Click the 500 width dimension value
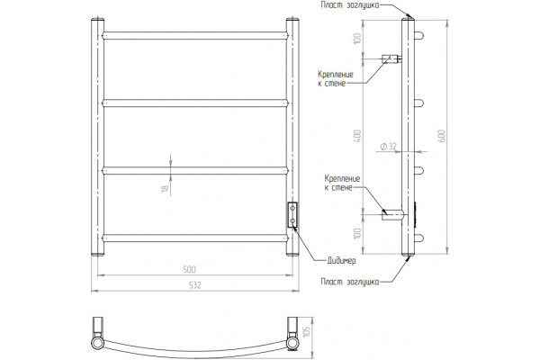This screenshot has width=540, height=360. click(x=189, y=269)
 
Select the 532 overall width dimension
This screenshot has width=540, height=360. click(x=194, y=285)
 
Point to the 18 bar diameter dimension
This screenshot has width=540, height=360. click(x=166, y=189)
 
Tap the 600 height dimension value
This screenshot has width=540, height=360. click(x=443, y=135)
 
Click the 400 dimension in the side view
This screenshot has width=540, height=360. click(x=358, y=136)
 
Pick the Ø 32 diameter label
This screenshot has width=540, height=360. click(x=389, y=147)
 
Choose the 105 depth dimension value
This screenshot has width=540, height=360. click(x=308, y=330)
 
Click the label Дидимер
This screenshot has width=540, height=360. click(x=341, y=261)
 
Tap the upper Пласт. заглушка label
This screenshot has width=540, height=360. click(x=350, y=5)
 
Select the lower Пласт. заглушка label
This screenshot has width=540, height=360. click(x=350, y=282)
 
